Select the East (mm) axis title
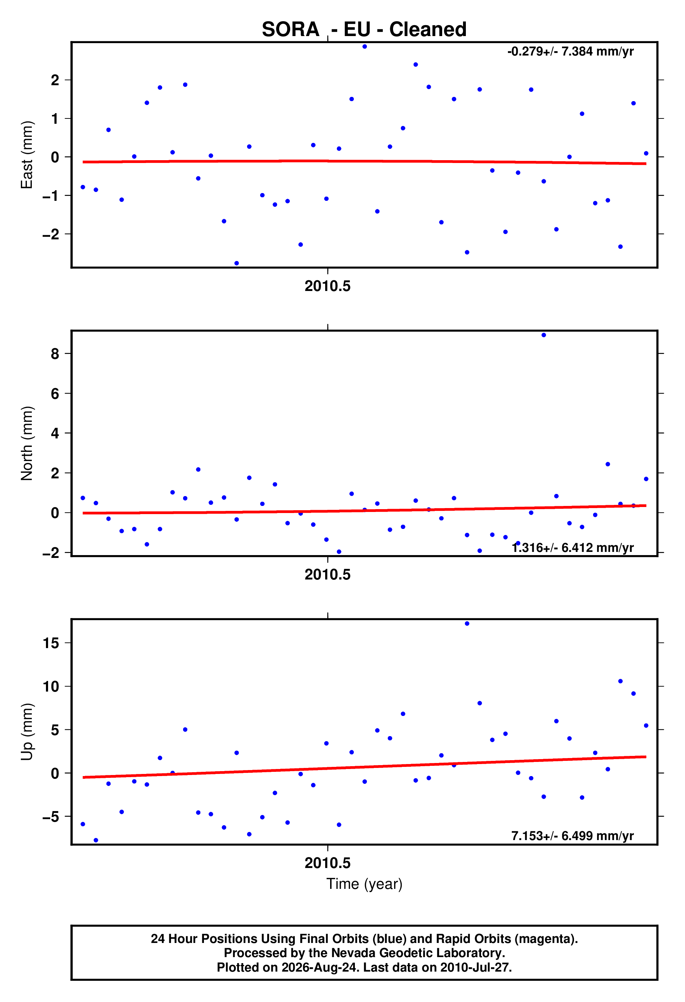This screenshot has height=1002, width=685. tap(27, 155)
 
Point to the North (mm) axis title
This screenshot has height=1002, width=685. tap(27, 443)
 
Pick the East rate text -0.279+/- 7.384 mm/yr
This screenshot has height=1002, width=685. tap(570, 51)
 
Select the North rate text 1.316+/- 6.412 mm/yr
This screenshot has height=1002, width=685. tap(573, 548)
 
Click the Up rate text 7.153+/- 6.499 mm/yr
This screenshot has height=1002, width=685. tap(573, 836)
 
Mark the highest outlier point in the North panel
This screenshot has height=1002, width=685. tap(544, 335)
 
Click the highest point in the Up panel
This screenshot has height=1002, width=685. tap(467, 623)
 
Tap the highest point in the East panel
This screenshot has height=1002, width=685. tap(365, 47)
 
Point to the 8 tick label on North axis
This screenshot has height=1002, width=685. tap(55, 354)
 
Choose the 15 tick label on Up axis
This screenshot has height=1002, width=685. tap(51, 643)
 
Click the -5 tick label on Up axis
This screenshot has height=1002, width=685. tap(51, 817)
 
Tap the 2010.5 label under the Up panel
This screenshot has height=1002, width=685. tap(328, 863)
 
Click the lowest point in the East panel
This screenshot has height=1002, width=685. tap(237, 263)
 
